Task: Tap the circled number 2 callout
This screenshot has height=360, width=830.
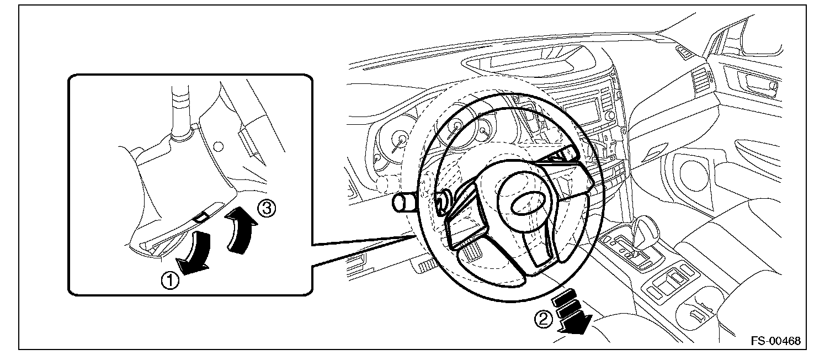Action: coord(544,318)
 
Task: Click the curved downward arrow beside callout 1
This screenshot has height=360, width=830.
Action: coord(196,252)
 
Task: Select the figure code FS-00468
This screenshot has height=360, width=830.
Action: coord(775,340)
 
